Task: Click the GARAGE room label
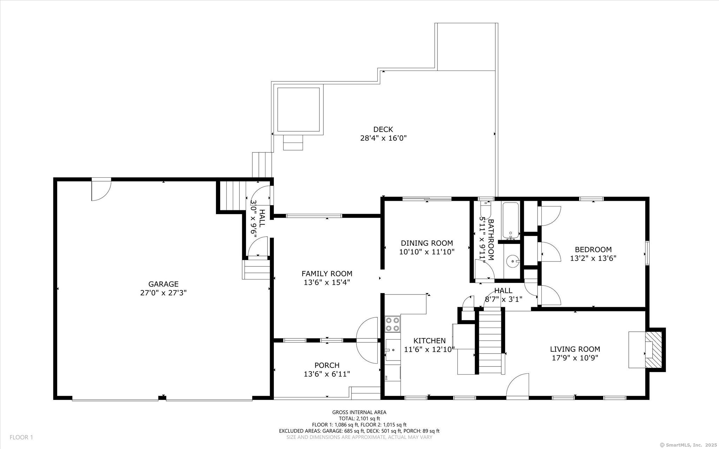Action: tap(163, 284)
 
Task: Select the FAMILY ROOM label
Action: tap(327, 273)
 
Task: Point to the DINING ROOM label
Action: tap(427, 243)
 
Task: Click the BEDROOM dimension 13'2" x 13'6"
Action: tap(593, 258)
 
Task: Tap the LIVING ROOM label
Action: tap(575, 349)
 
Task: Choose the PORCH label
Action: tap(327, 365)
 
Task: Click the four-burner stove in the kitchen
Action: tap(393, 324)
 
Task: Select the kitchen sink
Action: tap(392, 350)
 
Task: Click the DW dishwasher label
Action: tap(386, 378)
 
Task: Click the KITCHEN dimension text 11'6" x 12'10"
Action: tap(429, 349)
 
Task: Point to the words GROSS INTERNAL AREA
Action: tap(359, 412)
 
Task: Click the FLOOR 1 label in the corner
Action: tap(21, 437)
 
